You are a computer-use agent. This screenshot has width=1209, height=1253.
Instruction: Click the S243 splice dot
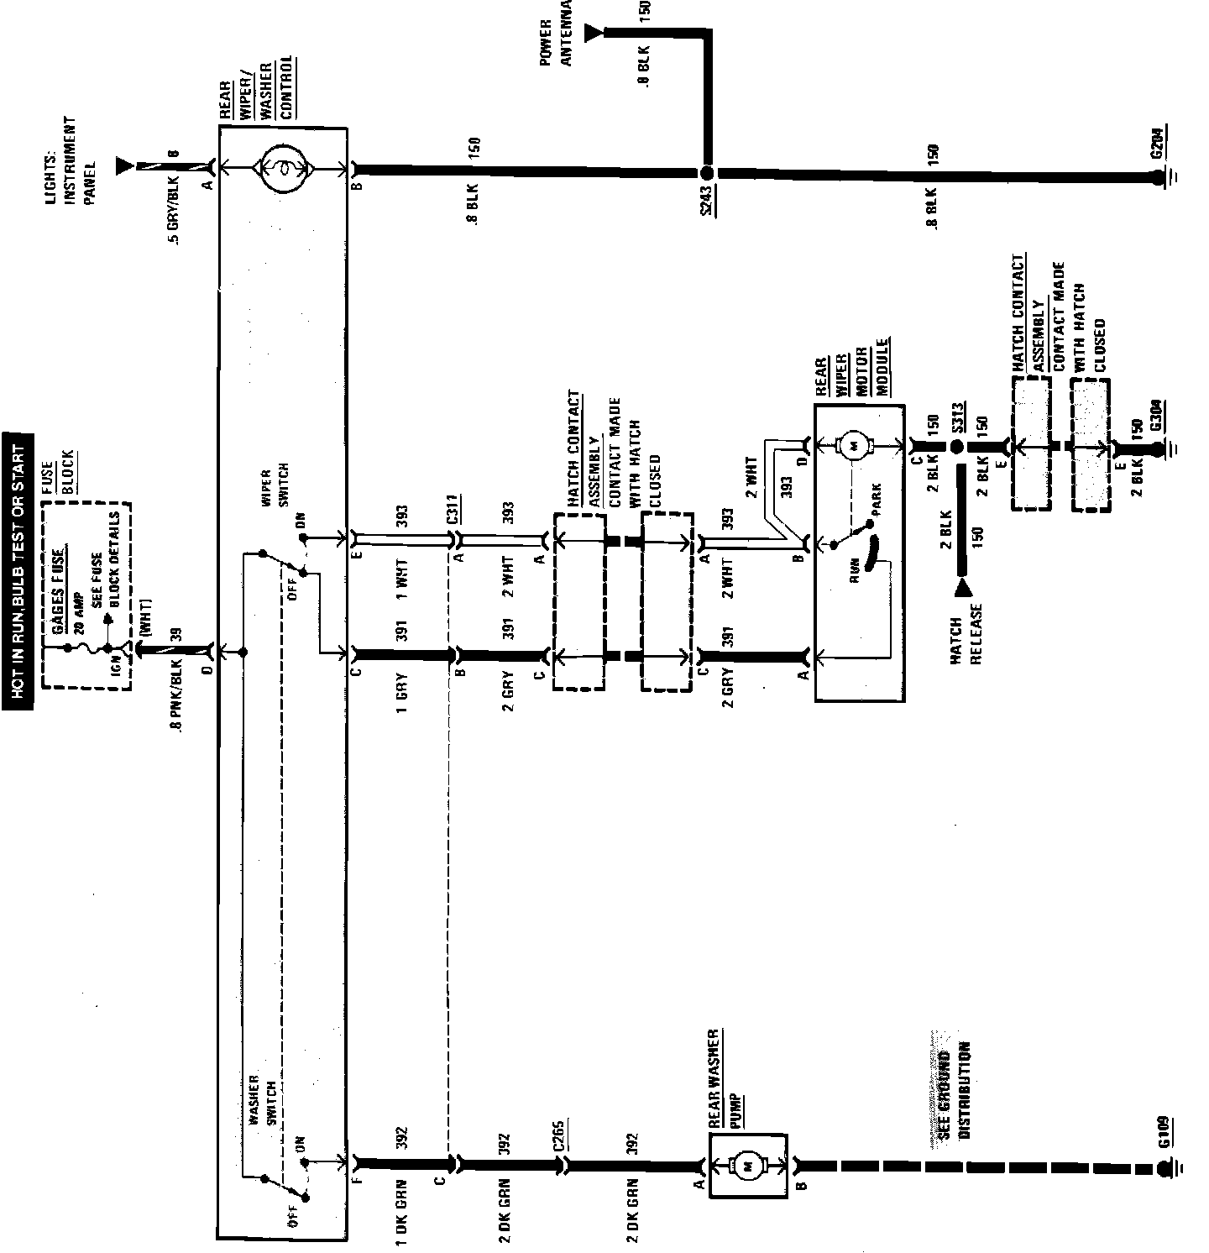(x=707, y=174)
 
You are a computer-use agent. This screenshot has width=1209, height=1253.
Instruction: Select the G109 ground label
(x=1164, y=1131)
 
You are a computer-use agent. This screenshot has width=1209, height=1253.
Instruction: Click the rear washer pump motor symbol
(x=748, y=1166)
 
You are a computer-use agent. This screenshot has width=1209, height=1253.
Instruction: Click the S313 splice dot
(x=957, y=446)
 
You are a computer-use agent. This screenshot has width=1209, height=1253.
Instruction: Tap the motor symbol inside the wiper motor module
(x=857, y=445)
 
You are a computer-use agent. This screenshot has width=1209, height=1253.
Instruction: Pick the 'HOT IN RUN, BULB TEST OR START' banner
(x=18, y=572)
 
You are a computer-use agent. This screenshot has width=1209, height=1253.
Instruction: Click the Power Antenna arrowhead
(x=594, y=32)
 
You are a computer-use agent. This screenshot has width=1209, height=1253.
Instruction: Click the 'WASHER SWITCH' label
(x=263, y=1099)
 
